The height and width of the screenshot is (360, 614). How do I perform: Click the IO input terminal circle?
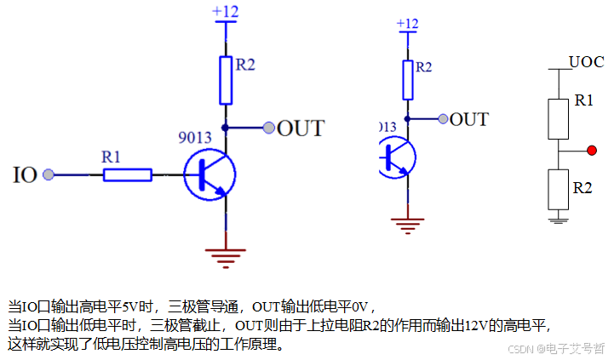coord(49,174)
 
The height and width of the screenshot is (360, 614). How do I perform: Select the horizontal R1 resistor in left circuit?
coord(128,174)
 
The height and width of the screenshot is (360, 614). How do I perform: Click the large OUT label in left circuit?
coord(301,129)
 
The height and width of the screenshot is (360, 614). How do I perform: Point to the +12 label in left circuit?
coord(226,11)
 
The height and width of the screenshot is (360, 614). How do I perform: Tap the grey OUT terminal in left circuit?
coord(269,129)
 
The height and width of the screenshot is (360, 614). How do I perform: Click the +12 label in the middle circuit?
coord(408,23)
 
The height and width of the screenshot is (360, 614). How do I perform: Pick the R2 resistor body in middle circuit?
coord(408,78)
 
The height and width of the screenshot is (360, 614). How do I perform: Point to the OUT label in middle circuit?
coord(468,119)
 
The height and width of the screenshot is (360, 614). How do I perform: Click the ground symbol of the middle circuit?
coord(408,224)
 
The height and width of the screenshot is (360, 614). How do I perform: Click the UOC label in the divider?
coord(587,62)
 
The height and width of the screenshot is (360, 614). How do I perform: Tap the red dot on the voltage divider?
coord(591,151)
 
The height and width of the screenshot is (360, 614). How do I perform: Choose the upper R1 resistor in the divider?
coord(558,118)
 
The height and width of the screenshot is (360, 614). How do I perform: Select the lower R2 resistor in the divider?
coord(558,189)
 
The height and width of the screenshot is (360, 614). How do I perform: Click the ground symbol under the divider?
coord(558,219)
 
